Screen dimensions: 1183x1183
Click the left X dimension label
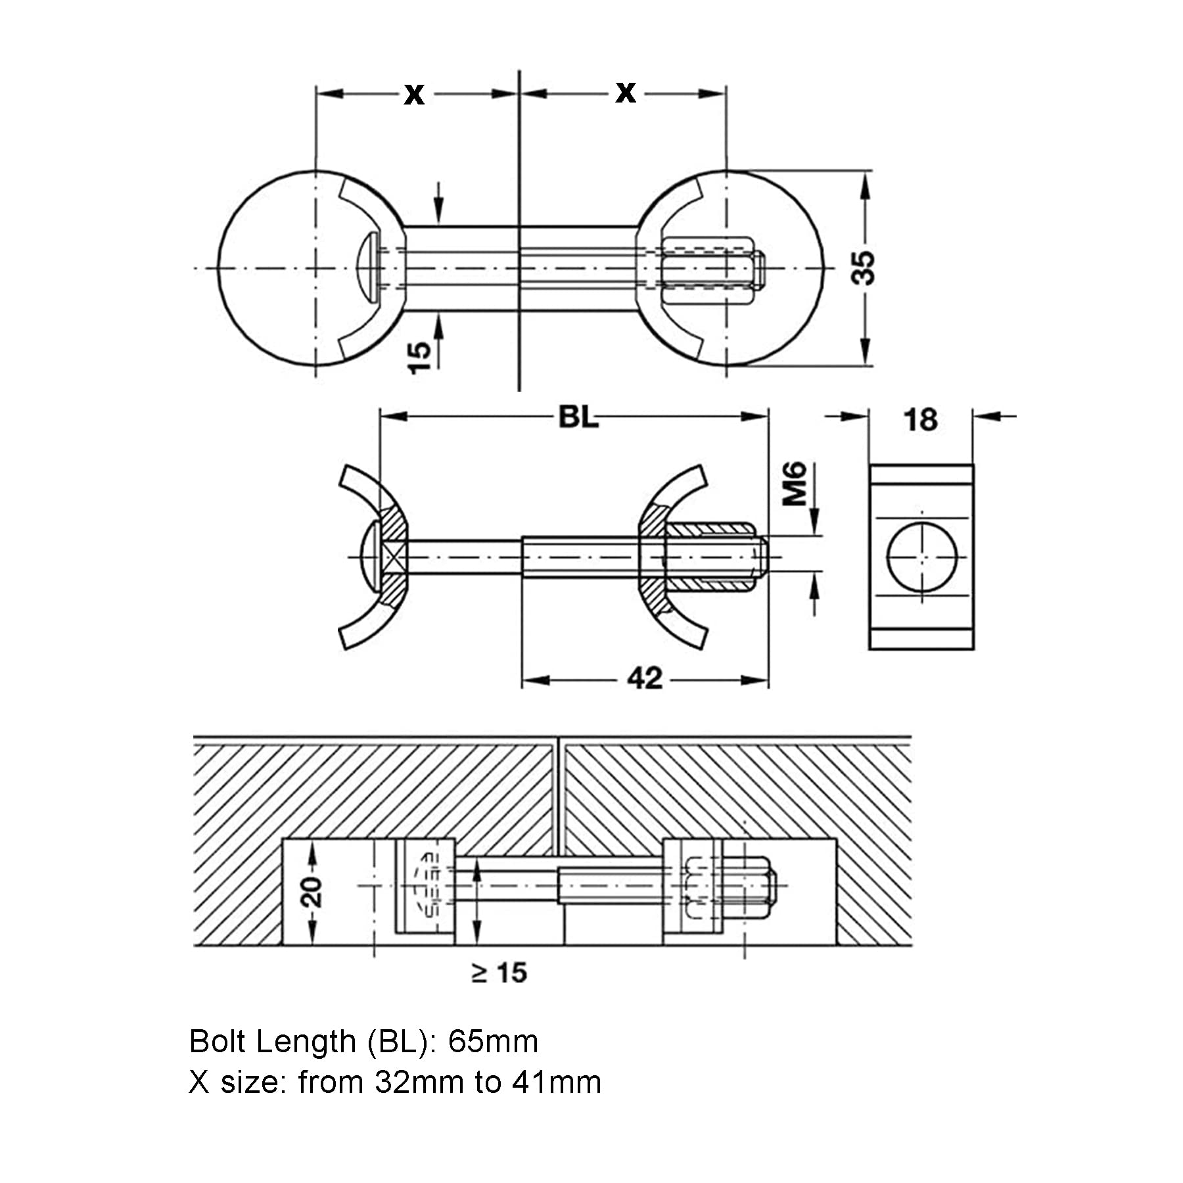tap(414, 95)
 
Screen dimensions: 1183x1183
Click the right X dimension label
tap(626, 93)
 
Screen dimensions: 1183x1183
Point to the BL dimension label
tap(578, 417)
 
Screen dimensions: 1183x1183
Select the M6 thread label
tap(795, 484)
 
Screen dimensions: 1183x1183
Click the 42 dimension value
tap(645, 678)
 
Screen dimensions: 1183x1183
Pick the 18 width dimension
tap(920, 421)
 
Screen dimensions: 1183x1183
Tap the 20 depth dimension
tap(313, 892)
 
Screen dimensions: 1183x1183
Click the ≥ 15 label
tap(499, 973)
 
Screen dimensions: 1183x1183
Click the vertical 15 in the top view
tap(419, 358)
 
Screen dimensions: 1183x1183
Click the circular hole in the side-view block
tap(921, 557)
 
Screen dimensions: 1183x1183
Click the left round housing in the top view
tap(276, 268)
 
